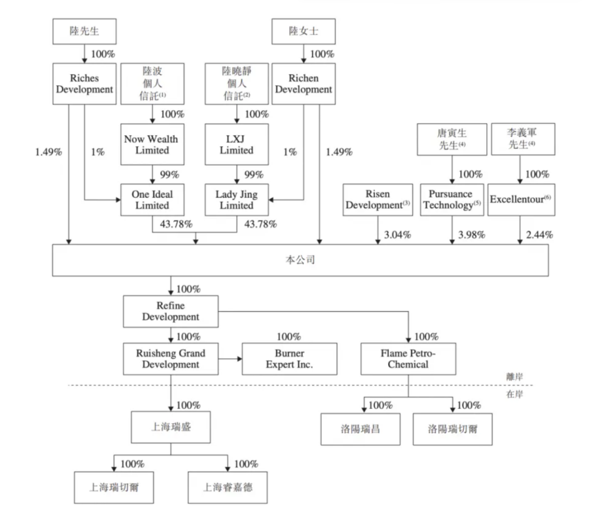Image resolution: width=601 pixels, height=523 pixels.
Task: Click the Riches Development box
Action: tap(84, 84)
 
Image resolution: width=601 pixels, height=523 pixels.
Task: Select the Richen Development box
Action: tap(303, 84)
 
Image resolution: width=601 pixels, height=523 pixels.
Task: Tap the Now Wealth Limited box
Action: tap(152, 144)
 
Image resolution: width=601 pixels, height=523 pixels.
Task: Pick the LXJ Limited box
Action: tap(237, 144)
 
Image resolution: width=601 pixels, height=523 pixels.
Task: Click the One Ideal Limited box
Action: tap(152, 200)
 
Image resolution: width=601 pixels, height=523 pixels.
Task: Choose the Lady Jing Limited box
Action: tap(237, 200)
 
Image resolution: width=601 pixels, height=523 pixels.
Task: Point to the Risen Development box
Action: tap(378, 200)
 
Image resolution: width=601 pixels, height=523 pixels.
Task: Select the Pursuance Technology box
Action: tap(452, 200)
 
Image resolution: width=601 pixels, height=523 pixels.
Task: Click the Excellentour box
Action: tap(521, 200)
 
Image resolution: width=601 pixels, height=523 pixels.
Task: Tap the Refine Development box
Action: tap(171, 311)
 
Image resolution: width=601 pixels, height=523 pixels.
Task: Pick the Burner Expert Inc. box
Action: tap(290, 359)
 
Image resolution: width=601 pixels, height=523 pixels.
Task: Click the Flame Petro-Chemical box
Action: tap(408, 359)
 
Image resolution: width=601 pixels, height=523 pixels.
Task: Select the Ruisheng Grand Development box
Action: tap(171, 359)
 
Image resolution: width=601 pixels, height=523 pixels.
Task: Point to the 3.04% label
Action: tap(397, 235)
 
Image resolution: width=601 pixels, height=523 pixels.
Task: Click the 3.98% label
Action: tap(471, 235)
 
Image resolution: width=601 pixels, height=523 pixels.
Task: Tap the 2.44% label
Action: tap(539, 235)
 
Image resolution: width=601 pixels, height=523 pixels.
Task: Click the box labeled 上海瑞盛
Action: tap(171, 427)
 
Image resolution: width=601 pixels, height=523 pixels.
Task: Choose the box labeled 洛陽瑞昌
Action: tap(360, 429)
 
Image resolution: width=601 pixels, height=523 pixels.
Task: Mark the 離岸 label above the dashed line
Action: tap(515, 377)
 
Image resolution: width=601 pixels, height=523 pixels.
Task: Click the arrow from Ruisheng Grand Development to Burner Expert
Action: tap(230, 359)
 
